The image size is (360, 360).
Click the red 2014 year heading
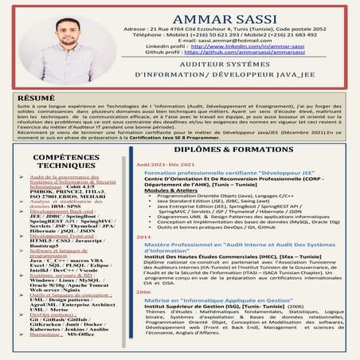click(144, 237)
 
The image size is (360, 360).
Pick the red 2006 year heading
click(144, 292)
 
